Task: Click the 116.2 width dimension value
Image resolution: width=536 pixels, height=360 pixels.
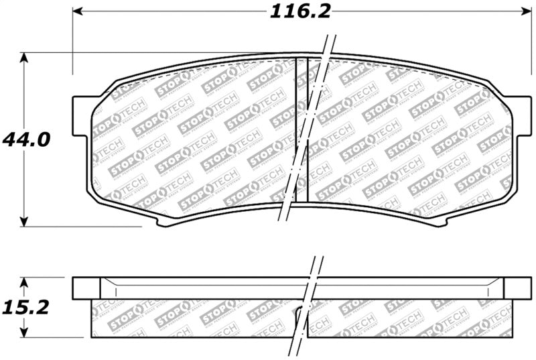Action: tap(301, 11)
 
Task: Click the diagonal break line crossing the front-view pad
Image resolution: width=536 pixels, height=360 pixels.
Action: tap(305, 134)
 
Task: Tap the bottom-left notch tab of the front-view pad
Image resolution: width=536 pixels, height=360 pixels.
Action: tap(161, 219)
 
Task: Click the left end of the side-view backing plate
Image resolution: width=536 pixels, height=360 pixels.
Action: tap(86, 288)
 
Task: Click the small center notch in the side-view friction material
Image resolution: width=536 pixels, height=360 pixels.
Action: tap(297, 310)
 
